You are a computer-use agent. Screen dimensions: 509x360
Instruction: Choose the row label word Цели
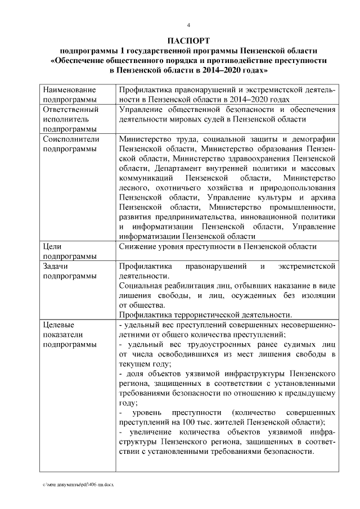(52, 247)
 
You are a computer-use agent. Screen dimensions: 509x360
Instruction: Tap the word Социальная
(143, 286)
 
